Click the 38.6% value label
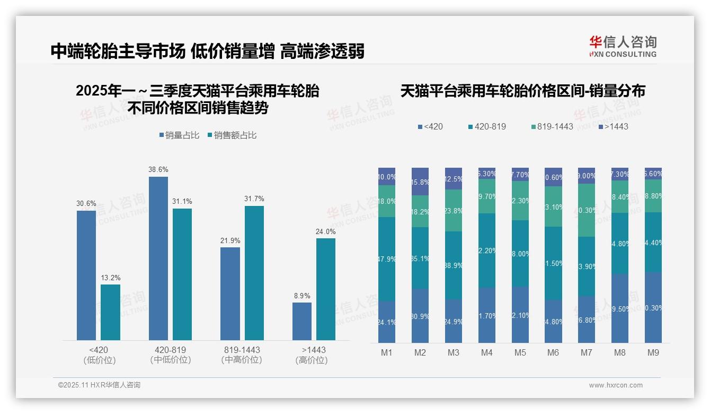158,170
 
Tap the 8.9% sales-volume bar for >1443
302,321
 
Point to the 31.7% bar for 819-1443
254,273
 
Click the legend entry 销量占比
179,135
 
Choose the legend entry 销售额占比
232,135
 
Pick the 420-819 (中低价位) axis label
171,355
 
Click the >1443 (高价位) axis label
314,355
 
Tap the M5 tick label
520,353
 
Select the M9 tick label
653,353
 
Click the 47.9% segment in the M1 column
387,259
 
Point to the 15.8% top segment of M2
420,182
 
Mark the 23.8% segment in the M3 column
454,210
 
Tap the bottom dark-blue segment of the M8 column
620,308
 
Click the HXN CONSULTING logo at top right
623,47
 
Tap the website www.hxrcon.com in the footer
615,385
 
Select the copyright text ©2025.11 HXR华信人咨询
99,385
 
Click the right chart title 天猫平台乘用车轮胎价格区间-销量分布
522,91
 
